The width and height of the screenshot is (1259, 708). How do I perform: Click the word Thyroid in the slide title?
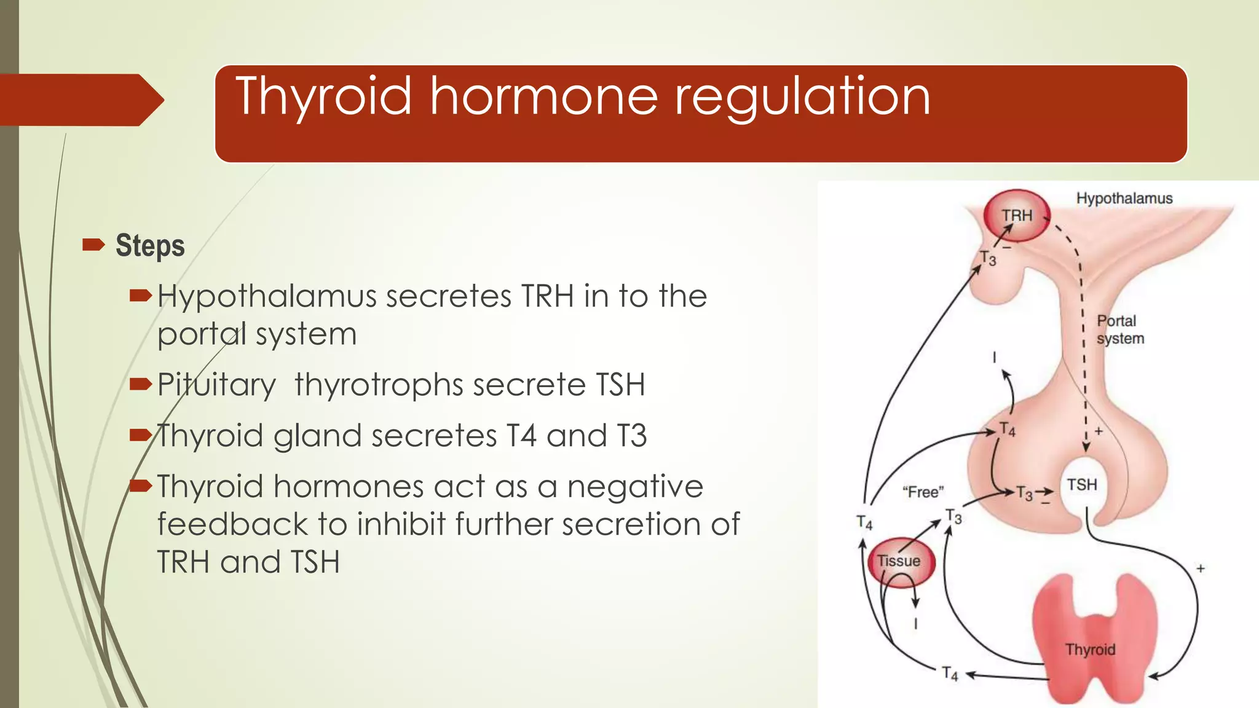tap(323, 97)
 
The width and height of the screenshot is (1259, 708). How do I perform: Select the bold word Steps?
tap(150, 246)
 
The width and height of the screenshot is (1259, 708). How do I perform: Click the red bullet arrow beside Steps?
tap(93, 246)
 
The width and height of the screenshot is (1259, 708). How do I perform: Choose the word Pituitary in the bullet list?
tap(216, 385)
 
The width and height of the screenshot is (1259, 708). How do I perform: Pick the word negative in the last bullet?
tap(635, 487)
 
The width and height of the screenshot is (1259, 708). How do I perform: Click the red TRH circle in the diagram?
tap(1017, 216)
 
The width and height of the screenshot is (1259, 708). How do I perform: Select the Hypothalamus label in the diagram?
tap(1124, 199)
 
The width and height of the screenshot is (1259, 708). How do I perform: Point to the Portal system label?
tap(1119, 329)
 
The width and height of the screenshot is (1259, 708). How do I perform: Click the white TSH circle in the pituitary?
tap(1082, 485)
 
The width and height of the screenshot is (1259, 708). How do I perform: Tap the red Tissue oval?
tap(899, 561)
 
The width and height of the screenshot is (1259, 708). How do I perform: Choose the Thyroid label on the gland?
tap(1090, 650)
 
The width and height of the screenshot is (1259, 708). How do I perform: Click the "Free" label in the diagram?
tap(923, 492)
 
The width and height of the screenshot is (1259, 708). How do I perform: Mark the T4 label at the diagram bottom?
tap(950, 674)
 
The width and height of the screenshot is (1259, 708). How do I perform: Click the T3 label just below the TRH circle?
tap(988, 258)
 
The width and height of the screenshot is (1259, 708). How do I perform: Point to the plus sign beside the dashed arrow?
tap(1099, 431)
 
